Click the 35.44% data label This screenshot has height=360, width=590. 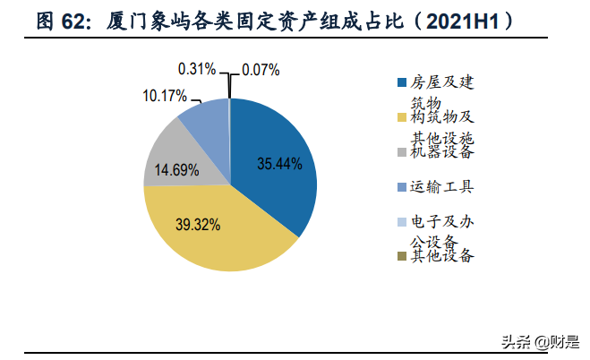pyautogui.click(x=279, y=164)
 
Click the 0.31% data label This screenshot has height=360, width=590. pyautogui.click(x=199, y=68)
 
